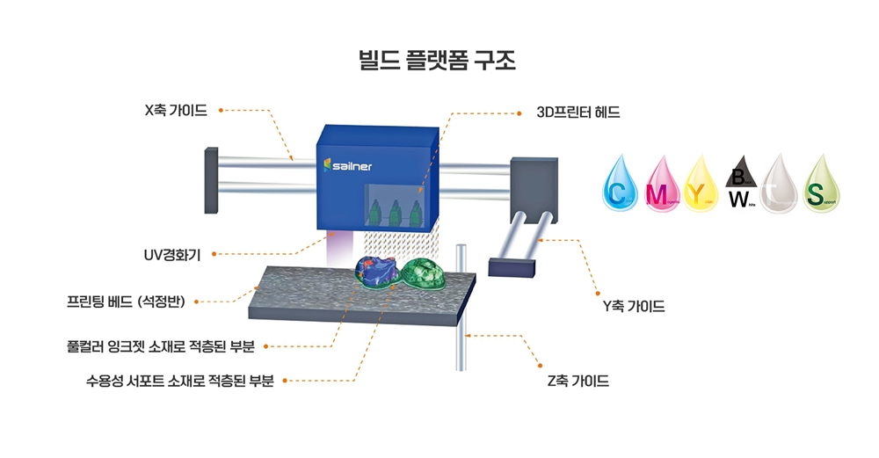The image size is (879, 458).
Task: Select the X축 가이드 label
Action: point(176,111)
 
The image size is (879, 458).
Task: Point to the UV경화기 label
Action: point(172,255)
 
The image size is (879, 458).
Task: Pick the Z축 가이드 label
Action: point(578,382)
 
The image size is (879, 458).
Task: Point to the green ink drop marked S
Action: point(819,186)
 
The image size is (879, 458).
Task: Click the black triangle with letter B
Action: point(737,177)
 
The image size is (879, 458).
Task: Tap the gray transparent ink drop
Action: point(779,186)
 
